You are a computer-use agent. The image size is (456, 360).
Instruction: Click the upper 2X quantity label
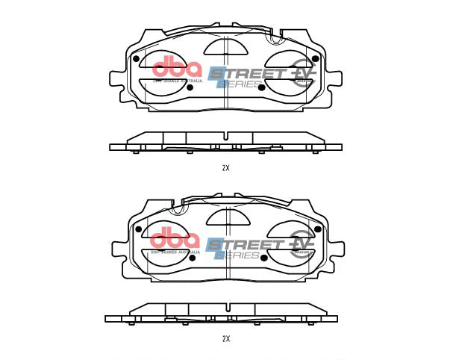point(225,168)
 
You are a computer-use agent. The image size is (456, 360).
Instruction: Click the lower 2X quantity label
point(225,339)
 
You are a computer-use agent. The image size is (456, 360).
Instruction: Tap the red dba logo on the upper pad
point(177,69)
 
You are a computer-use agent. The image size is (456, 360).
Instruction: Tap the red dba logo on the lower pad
point(176,240)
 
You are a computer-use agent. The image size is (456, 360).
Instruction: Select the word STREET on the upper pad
point(246,73)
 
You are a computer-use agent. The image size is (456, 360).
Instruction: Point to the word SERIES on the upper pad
point(240,84)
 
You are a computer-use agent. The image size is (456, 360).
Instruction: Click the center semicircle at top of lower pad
point(226,218)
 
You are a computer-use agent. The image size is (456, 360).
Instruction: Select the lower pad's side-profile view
point(226,313)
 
